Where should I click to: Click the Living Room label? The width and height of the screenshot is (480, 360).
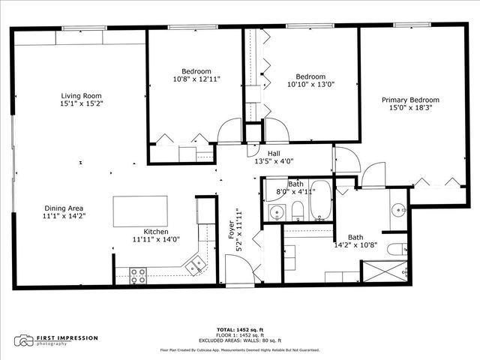(82, 95)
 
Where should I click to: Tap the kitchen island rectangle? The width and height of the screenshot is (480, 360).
(140, 211)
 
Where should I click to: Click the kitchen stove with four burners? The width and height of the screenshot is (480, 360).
(138, 275)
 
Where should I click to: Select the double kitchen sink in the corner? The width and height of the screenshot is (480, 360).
(197, 264)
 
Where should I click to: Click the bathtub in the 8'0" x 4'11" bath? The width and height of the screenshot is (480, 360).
(321, 201)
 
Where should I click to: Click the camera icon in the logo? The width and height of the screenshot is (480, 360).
(25, 341)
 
